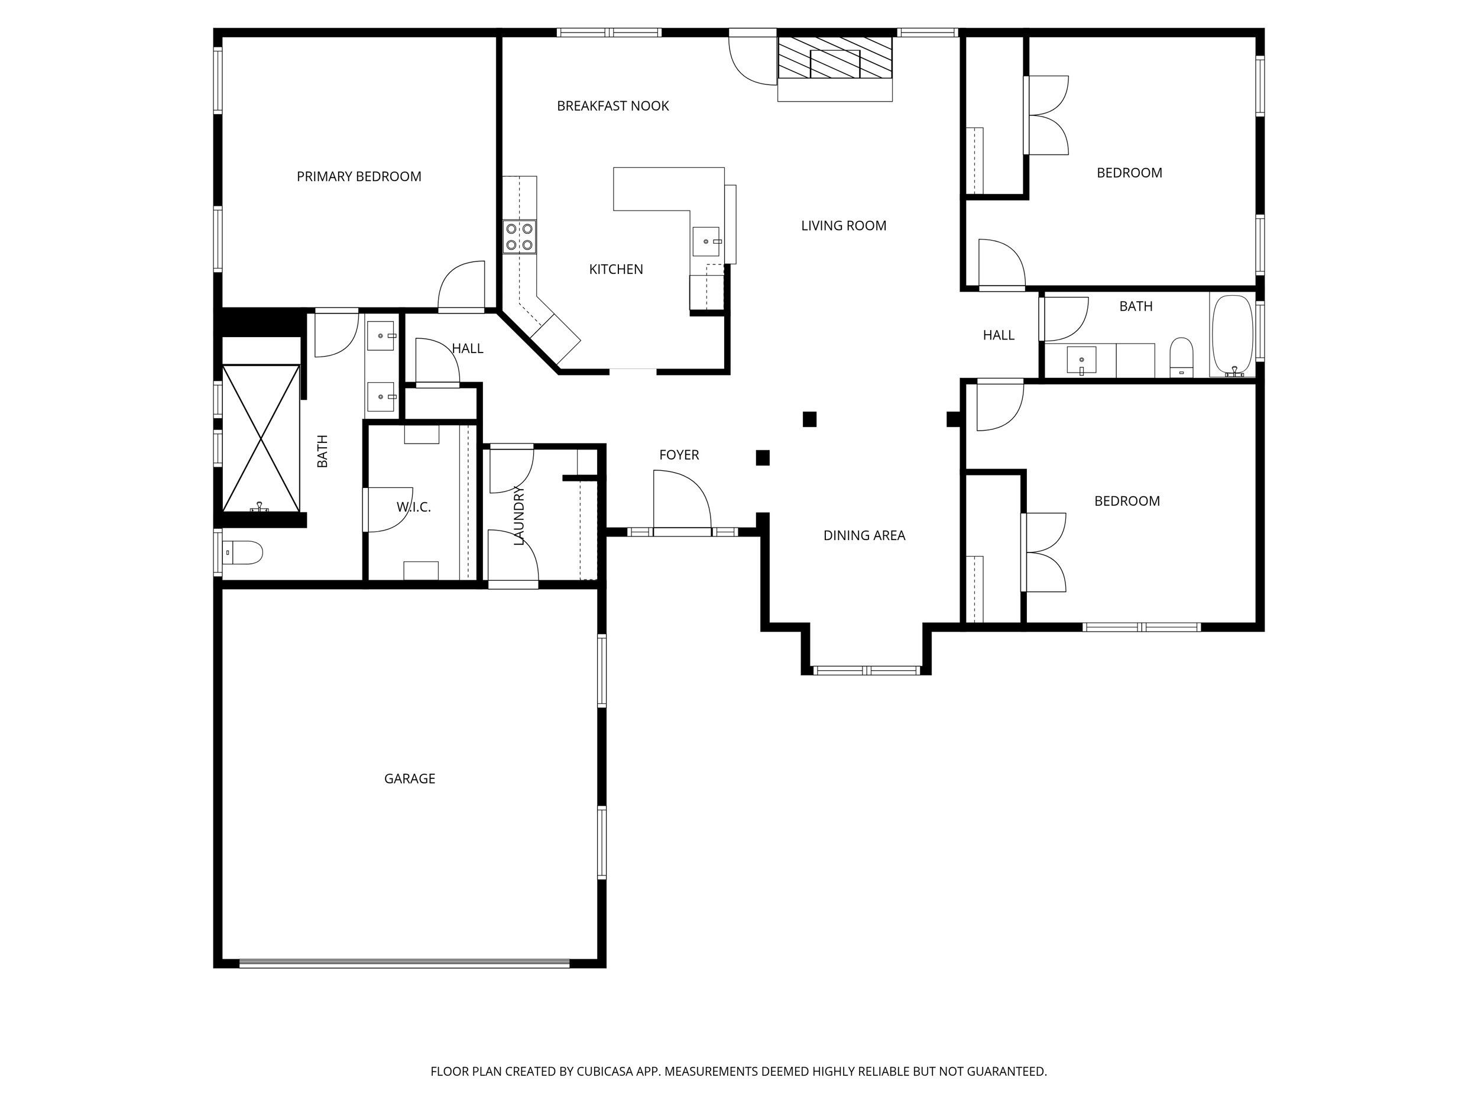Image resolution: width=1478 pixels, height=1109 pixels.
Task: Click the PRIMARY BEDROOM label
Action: (x=359, y=176)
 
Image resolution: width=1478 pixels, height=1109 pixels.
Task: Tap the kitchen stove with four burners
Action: (x=519, y=237)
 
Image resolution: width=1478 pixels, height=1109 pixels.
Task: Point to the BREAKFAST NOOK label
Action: (x=612, y=106)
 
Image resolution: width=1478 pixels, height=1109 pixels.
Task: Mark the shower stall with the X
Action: (x=261, y=438)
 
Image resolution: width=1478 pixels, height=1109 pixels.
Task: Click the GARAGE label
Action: (x=410, y=779)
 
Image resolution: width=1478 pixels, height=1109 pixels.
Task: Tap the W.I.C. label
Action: (x=414, y=507)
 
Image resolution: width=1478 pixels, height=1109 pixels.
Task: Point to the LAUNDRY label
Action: (x=519, y=515)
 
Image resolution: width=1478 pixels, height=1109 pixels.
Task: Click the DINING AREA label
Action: (x=864, y=535)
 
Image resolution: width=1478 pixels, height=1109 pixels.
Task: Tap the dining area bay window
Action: (x=867, y=670)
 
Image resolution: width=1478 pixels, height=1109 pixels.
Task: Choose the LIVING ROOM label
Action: (x=843, y=226)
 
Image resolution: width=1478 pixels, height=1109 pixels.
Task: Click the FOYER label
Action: (x=679, y=455)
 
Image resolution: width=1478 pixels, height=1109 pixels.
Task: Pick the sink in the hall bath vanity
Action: (x=1081, y=361)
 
